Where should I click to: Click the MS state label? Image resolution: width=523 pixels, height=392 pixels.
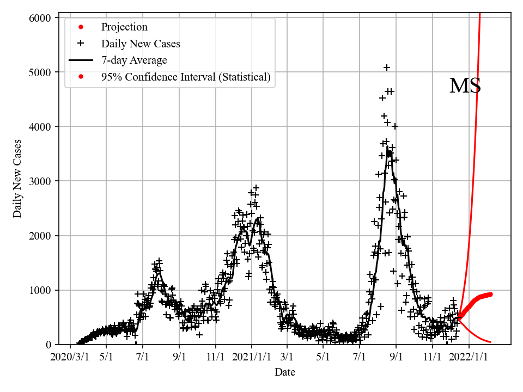click(465, 86)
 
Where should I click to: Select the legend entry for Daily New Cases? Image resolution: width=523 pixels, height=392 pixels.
click(141, 44)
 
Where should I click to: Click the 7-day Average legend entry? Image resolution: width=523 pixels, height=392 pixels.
click(134, 60)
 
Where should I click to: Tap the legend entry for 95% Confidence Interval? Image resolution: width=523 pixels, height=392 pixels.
click(185, 77)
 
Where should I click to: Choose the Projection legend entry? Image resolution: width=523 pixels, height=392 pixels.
click(124, 27)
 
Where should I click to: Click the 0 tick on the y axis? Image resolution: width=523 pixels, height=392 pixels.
click(48, 344)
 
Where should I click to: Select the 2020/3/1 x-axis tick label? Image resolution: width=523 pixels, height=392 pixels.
click(70, 357)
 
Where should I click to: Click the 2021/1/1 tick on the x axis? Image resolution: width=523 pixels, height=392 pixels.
click(252, 357)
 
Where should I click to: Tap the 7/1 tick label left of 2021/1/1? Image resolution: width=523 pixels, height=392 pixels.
click(143, 357)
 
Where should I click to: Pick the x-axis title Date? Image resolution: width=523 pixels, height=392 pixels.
click(285, 372)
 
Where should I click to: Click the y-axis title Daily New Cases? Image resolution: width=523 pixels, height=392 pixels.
click(18, 178)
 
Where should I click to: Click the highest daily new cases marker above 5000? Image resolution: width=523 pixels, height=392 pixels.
click(387, 68)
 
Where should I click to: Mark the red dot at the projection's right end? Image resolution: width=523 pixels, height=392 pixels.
click(490, 294)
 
